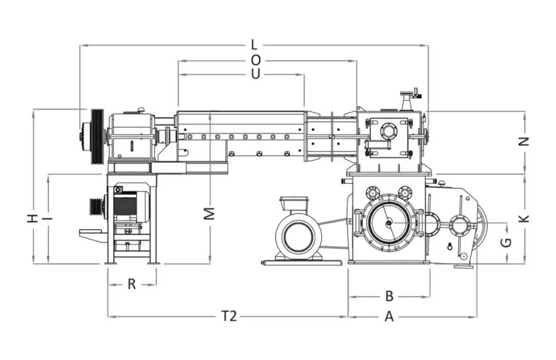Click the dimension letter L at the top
click(x=254, y=45)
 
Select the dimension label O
click(x=256, y=61)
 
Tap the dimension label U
click(x=255, y=74)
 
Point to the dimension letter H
click(x=32, y=219)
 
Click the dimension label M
click(x=209, y=213)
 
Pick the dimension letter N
click(x=524, y=141)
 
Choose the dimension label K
click(x=524, y=219)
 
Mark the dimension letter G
click(x=506, y=243)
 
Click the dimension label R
click(x=131, y=284)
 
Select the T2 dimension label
click(x=229, y=315)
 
